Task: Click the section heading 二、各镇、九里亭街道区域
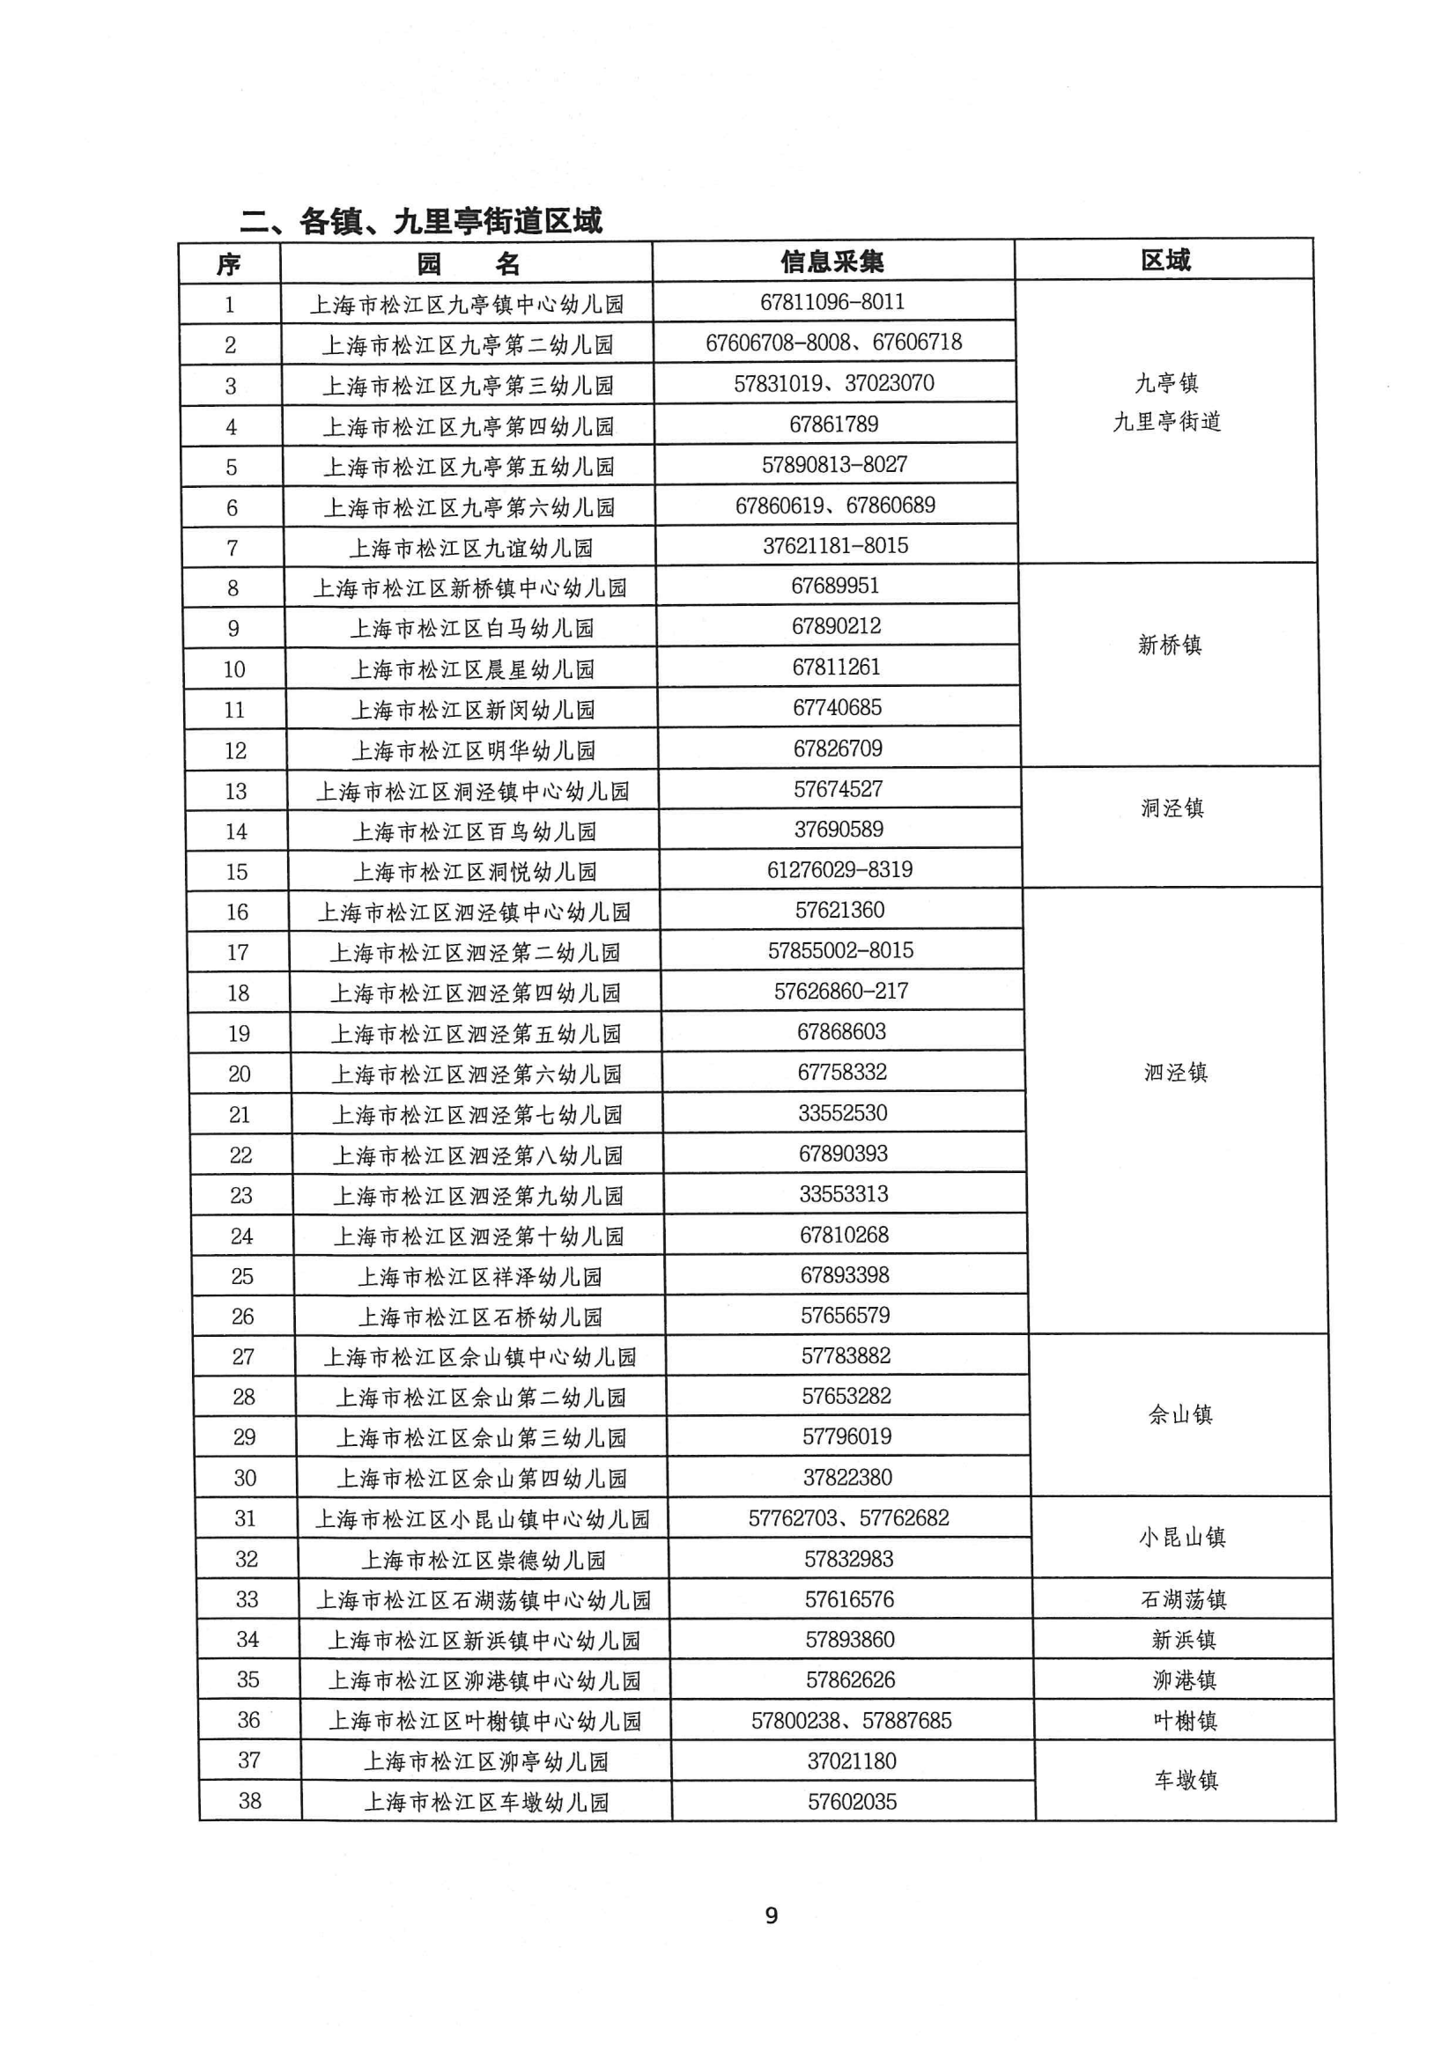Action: click(421, 220)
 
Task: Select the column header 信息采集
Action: click(831, 262)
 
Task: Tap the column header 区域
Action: click(1164, 260)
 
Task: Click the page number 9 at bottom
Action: click(771, 1915)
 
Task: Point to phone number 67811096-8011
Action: click(831, 302)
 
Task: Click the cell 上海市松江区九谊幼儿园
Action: click(470, 548)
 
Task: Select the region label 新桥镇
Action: click(1169, 645)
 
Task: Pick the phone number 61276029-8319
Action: click(839, 870)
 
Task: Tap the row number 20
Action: click(239, 1074)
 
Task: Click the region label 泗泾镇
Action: click(1175, 1073)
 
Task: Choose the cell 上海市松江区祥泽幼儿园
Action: click(479, 1277)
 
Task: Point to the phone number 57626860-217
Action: click(840, 991)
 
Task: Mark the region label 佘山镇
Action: click(1179, 1415)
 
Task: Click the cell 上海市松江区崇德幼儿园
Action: click(483, 1561)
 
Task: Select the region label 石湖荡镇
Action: click(1183, 1600)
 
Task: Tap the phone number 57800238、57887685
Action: click(851, 1721)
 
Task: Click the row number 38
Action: click(249, 1801)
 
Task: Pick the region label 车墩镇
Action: click(1185, 1780)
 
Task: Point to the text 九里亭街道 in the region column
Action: click(1166, 422)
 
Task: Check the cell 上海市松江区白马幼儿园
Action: click(472, 629)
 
